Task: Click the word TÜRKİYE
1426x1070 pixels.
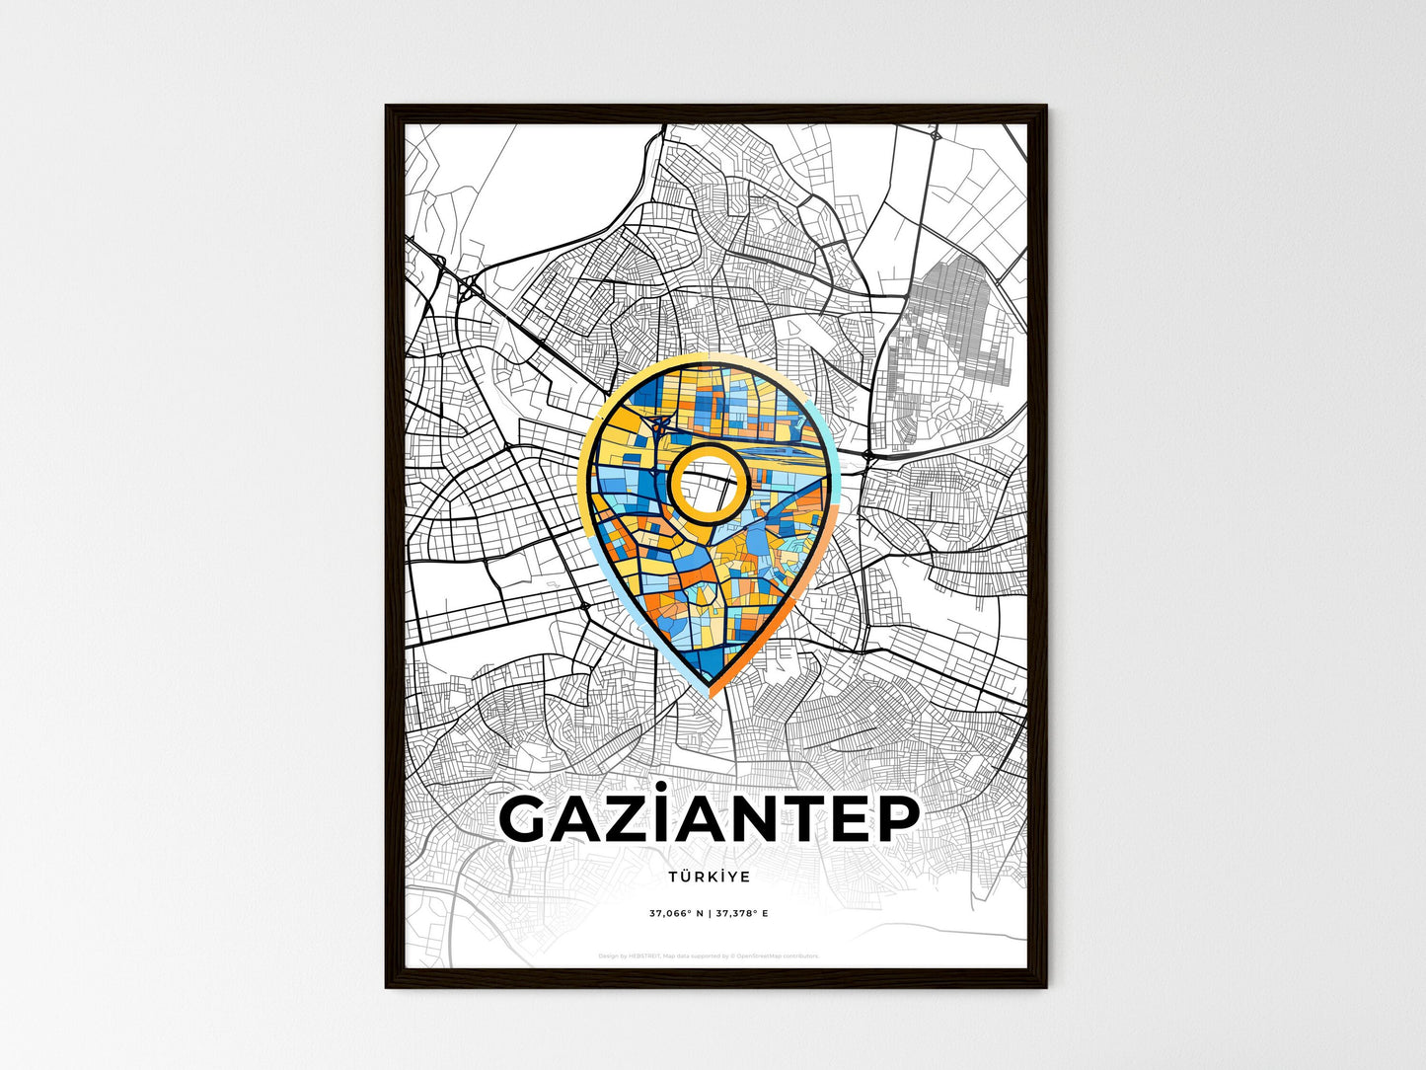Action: [x=709, y=877]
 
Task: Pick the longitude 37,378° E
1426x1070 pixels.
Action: [x=739, y=913]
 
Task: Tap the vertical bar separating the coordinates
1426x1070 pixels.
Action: [x=709, y=913]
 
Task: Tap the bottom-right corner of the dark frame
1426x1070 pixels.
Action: [x=1045, y=986]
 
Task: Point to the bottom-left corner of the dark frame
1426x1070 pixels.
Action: [x=387, y=986]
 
